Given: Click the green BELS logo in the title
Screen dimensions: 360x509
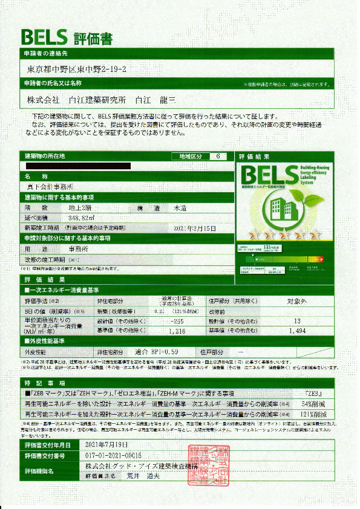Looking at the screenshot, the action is [x=45, y=37].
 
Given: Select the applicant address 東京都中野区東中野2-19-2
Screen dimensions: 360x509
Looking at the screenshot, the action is [x=77, y=70].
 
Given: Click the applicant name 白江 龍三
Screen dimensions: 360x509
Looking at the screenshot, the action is [x=156, y=99].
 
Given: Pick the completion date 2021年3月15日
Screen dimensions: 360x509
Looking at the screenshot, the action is [x=195, y=228].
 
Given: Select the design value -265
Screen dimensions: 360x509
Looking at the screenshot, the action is [x=177, y=322].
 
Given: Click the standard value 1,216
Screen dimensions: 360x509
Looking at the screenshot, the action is [x=177, y=331].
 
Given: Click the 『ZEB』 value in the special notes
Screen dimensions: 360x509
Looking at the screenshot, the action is [x=316, y=392].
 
